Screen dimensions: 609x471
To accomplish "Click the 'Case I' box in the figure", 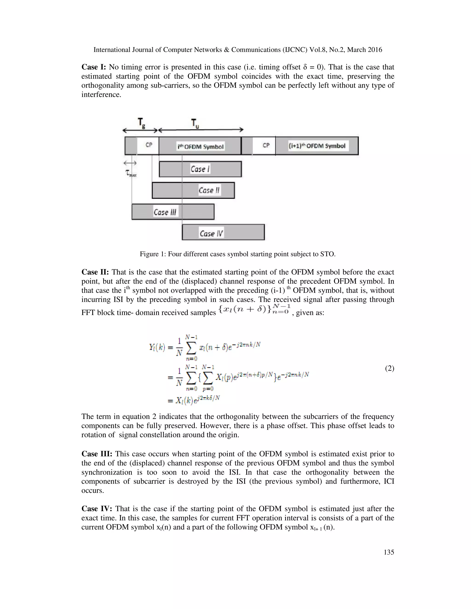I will click(200, 169).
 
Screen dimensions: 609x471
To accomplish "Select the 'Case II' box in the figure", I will click(193, 191).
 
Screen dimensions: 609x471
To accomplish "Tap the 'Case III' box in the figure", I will click(173, 212).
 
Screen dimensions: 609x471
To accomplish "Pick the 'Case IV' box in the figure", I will click(223, 232).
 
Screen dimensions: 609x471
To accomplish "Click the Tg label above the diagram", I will click(141, 123).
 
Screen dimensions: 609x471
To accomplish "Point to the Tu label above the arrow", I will click(195, 123).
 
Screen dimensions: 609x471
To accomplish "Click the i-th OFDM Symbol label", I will click(201, 147).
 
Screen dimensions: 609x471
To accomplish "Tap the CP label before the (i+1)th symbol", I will click(266, 145).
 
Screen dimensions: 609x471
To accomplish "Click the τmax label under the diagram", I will click(131, 174).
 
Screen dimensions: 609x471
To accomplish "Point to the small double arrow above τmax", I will click(130, 163).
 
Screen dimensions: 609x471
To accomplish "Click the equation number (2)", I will click(389, 368).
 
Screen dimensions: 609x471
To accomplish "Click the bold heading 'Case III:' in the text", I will click(97, 454).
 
